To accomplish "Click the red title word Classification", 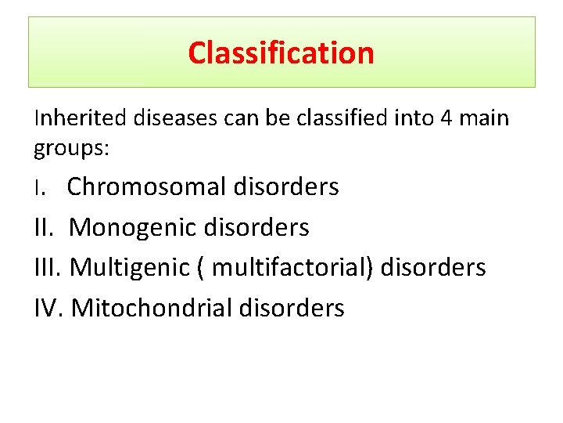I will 281,53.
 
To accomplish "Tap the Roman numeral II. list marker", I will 45,228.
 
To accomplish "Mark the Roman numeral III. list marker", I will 48,268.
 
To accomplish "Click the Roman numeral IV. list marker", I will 49,308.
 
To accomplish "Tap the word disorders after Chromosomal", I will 286,187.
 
